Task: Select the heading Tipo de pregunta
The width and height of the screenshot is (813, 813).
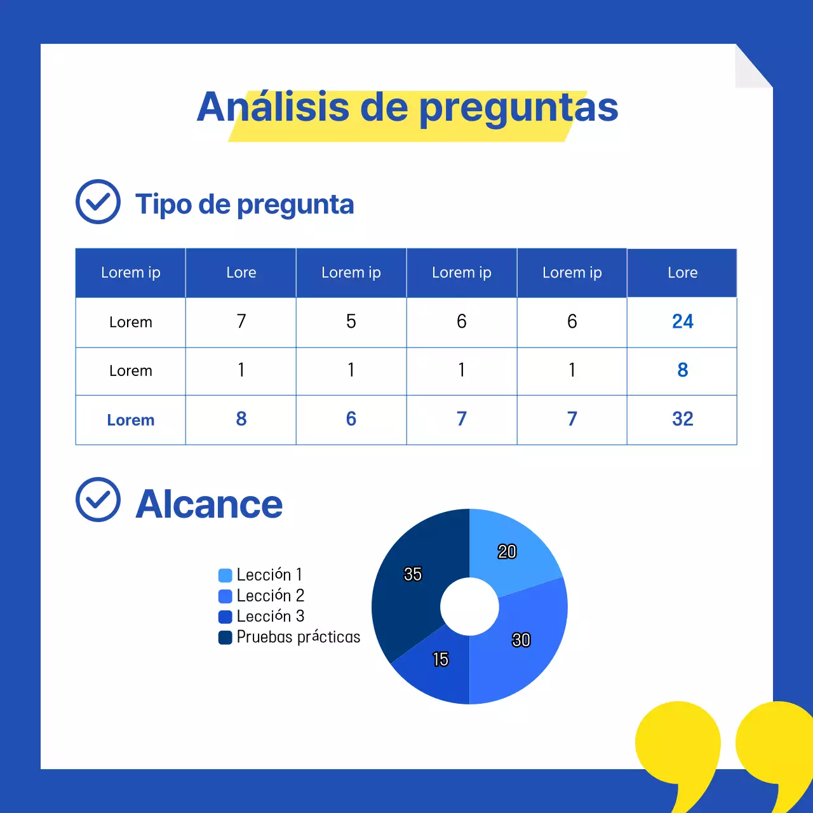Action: pos(245,205)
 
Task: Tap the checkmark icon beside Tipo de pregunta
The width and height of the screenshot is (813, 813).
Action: pos(98,202)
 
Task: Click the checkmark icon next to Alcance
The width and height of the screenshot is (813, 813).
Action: pos(98,500)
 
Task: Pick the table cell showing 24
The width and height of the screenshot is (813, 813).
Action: pos(682,322)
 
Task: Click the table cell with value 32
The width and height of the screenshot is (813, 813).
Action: pos(682,419)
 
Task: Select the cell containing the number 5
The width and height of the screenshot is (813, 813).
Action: pos(351,322)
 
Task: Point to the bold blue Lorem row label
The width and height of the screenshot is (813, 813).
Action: pos(130,420)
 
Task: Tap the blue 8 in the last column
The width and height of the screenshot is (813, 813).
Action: pos(682,370)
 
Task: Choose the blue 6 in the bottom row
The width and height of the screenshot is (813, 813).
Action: pos(351,419)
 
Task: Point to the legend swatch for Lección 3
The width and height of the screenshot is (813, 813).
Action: pos(225,617)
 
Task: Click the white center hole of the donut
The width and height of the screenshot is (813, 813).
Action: pos(469,607)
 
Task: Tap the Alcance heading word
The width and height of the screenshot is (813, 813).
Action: pos(209,504)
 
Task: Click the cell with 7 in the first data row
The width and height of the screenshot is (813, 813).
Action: pos(241,322)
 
